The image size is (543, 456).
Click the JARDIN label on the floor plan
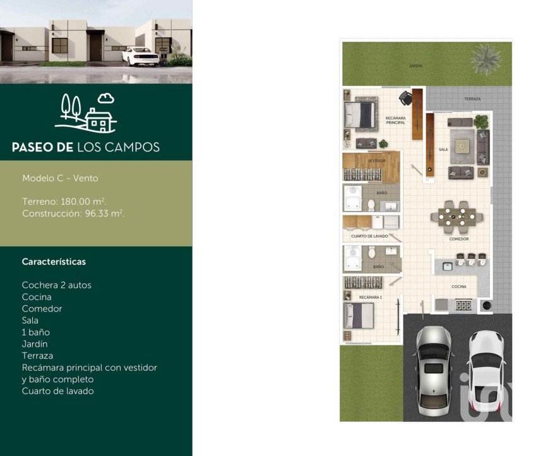point(415,66)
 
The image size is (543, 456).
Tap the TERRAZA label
point(472,99)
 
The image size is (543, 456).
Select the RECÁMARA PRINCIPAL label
point(395,120)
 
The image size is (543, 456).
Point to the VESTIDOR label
point(376,161)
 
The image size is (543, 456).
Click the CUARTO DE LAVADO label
point(369,236)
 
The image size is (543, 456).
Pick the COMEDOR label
point(459,239)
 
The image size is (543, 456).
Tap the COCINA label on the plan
point(459,287)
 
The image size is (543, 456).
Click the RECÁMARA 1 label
point(371,297)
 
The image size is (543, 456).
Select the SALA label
point(443,150)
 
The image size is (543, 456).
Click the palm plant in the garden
point(486,59)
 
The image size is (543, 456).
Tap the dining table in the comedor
point(456,217)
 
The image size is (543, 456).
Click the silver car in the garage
point(434,370)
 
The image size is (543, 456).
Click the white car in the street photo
point(140,56)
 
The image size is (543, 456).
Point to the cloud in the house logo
point(105,99)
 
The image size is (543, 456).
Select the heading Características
point(54,261)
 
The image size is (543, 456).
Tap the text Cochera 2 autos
point(56,285)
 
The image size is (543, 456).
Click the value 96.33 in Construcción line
point(97,213)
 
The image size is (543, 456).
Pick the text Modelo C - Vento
point(60,178)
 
